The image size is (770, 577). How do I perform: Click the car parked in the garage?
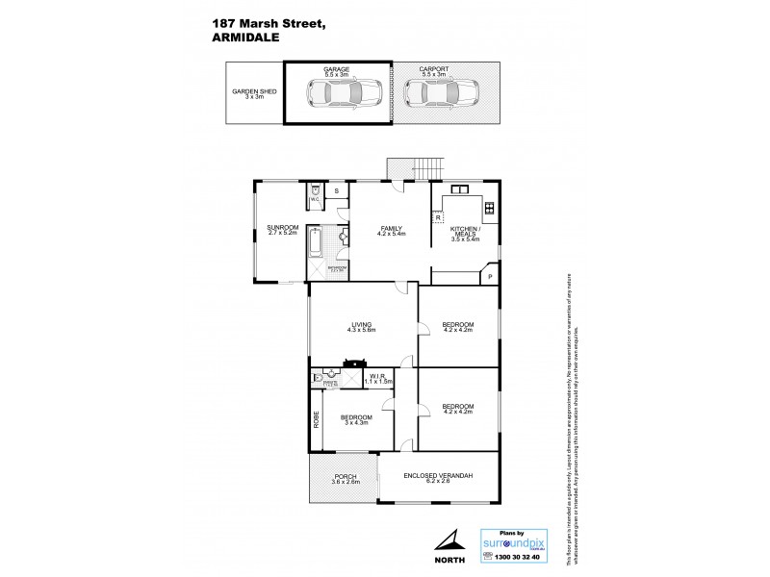(344, 93)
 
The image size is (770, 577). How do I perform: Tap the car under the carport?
(445, 93)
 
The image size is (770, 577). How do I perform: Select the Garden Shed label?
(254, 93)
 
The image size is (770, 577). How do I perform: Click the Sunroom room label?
(283, 230)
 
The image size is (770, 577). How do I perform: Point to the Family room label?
(391, 230)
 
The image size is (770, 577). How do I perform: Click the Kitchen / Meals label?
(465, 232)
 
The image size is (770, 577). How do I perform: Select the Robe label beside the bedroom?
(315, 420)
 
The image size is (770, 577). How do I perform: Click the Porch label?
(346, 479)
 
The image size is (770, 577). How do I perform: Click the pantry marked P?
(489, 277)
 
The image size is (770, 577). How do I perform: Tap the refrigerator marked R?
(438, 217)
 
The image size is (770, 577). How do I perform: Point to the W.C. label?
(315, 200)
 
